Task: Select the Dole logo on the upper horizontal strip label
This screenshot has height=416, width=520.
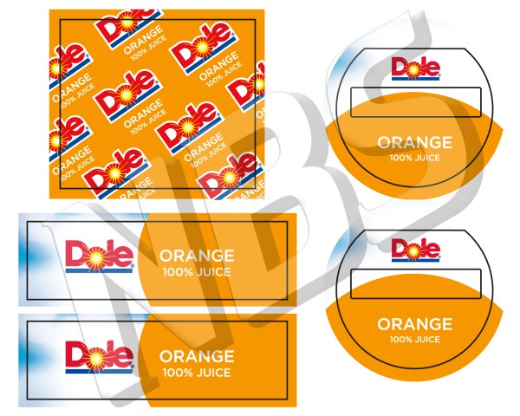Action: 99,256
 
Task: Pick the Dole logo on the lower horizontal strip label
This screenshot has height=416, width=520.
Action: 99,356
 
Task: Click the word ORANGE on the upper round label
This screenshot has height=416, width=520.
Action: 414,142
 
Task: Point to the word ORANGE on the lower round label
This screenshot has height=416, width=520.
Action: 414,324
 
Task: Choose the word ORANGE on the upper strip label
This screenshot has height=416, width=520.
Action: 197,256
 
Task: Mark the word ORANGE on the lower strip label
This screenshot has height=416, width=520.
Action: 197,356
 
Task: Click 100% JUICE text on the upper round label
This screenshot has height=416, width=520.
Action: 414,157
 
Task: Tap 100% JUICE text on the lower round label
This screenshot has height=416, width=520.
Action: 414,339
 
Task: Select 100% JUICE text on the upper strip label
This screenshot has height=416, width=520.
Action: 197,271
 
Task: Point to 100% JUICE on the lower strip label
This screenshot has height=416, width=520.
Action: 197,372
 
